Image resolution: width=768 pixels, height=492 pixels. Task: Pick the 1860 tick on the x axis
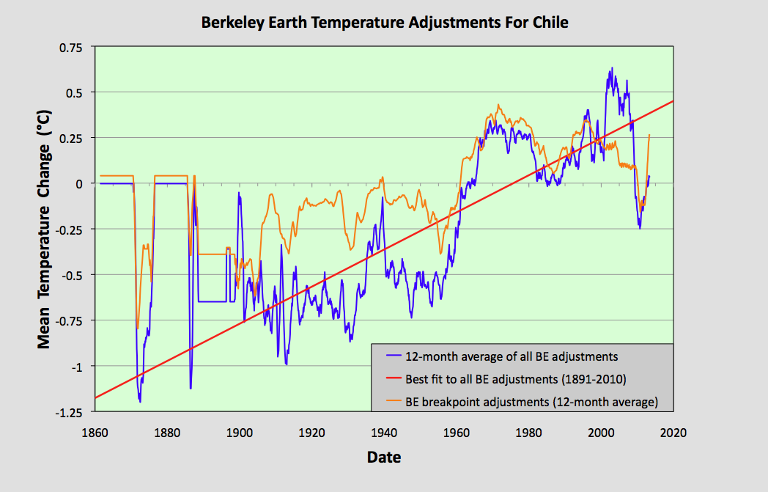click(x=96, y=433)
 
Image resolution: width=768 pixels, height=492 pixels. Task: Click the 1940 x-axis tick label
click(x=384, y=433)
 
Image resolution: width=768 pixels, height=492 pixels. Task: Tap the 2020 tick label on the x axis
click(x=673, y=433)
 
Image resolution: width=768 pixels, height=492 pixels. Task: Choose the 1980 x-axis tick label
click(x=528, y=433)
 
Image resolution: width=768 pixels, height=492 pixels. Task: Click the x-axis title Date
click(x=383, y=458)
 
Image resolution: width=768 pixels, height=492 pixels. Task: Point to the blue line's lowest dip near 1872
click(x=140, y=402)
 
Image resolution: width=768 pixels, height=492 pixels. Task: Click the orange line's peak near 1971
click(x=498, y=105)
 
